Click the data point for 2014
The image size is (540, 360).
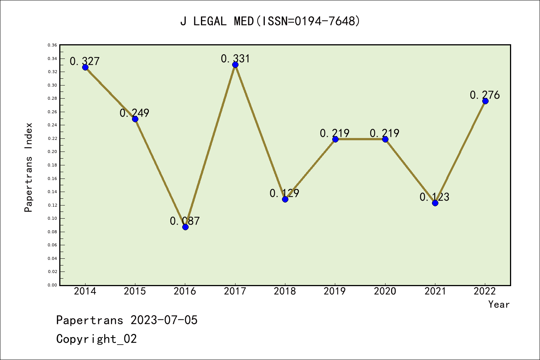85,67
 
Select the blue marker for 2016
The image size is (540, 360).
185,227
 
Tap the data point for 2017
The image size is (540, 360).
235,64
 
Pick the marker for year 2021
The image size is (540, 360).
435,203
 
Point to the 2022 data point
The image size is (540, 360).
485,101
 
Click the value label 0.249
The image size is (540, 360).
134,113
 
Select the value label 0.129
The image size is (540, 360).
284,193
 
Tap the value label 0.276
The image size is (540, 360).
484,95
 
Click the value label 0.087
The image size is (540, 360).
184,221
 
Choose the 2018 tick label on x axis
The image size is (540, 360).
285,291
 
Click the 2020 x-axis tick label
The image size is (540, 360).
385,291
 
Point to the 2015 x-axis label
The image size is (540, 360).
135,291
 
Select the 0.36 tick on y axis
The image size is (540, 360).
52,45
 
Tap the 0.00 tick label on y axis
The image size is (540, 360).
52,285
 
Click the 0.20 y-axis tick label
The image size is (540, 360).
52,152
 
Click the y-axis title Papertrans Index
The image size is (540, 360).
28,167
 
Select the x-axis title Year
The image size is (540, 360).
499,304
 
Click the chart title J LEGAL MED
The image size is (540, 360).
270,21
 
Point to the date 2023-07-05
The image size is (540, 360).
164,320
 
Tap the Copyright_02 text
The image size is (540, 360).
96,339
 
